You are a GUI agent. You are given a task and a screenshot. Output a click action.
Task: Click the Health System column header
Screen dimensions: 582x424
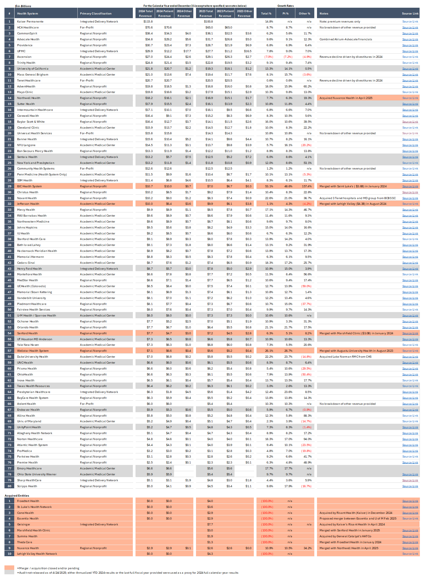pos(28,13)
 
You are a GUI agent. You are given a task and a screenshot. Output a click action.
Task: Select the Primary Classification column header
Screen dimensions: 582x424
pos(95,13)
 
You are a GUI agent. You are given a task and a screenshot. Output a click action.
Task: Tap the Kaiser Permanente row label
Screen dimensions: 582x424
pos(30,22)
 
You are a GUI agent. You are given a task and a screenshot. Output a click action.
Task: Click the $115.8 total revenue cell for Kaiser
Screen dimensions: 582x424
pos(148,22)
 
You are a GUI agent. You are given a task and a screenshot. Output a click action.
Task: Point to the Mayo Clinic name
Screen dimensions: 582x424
pos(25,92)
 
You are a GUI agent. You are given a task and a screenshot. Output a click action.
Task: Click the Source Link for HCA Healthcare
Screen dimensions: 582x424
pos(410,28)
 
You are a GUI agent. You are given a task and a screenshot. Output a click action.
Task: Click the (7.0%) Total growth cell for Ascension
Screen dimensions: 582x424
pos(269,57)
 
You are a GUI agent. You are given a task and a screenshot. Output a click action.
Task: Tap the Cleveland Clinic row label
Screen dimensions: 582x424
pos(28,128)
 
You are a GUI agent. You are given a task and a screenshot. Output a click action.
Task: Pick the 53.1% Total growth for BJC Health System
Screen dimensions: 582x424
pos(269,186)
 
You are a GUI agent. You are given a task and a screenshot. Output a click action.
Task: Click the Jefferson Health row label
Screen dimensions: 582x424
pos(28,204)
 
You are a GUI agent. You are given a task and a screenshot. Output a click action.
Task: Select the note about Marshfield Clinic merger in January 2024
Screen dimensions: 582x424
pos(356,333)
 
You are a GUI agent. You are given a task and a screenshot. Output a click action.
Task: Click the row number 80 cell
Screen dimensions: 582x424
pos(9,486)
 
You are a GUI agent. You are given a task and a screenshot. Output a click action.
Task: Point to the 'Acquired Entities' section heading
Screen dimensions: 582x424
pos(17,496)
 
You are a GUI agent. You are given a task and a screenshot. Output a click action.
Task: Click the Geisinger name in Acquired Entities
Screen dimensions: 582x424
pos(24,525)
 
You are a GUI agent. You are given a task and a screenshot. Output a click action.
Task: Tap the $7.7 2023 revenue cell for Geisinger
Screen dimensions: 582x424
pos(210,525)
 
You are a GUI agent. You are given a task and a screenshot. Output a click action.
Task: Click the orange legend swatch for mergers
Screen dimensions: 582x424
pos(9,568)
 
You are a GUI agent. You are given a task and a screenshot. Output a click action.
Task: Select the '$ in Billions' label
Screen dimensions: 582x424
pos(23,6)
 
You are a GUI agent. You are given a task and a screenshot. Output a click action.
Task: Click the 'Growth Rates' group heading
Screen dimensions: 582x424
pos(285,6)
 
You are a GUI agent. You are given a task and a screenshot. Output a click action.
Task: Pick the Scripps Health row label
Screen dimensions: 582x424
pos(27,486)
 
